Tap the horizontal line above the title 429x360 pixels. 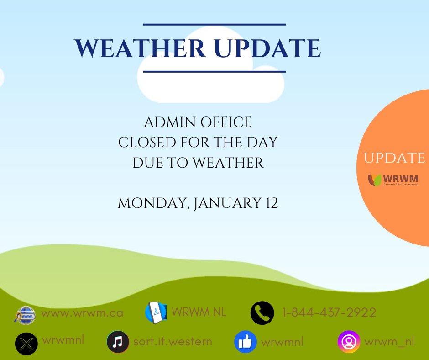coord(214,24)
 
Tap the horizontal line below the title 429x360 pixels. coord(214,71)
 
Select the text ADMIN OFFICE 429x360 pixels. coord(198,122)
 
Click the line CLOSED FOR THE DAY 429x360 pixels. coord(198,142)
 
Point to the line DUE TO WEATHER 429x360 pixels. coord(198,163)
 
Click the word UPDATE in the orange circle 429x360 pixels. coord(394,158)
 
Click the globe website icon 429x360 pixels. coord(25,315)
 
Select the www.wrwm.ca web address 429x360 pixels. coord(82,313)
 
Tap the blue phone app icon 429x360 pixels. coord(156,313)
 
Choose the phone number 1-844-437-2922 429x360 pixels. coord(329,313)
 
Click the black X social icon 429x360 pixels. coord(26,343)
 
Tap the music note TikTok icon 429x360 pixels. coord(118,342)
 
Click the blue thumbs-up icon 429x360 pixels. coord(246,342)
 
